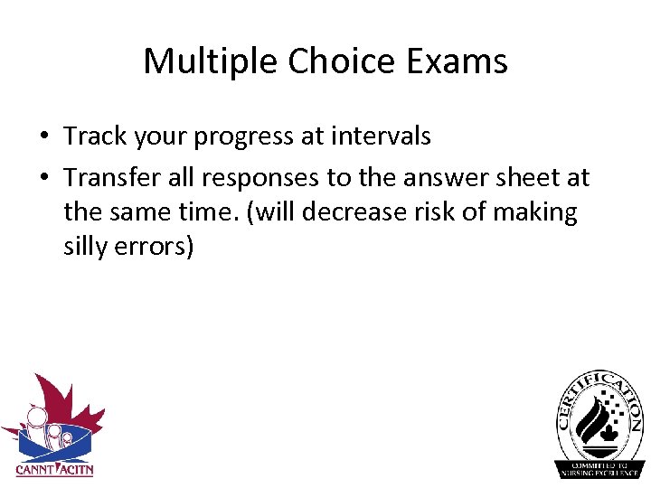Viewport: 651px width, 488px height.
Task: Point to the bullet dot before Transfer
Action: click(43, 178)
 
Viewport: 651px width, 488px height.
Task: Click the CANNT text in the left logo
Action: click(34, 469)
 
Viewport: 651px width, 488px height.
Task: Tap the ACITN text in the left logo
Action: click(75, 469)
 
